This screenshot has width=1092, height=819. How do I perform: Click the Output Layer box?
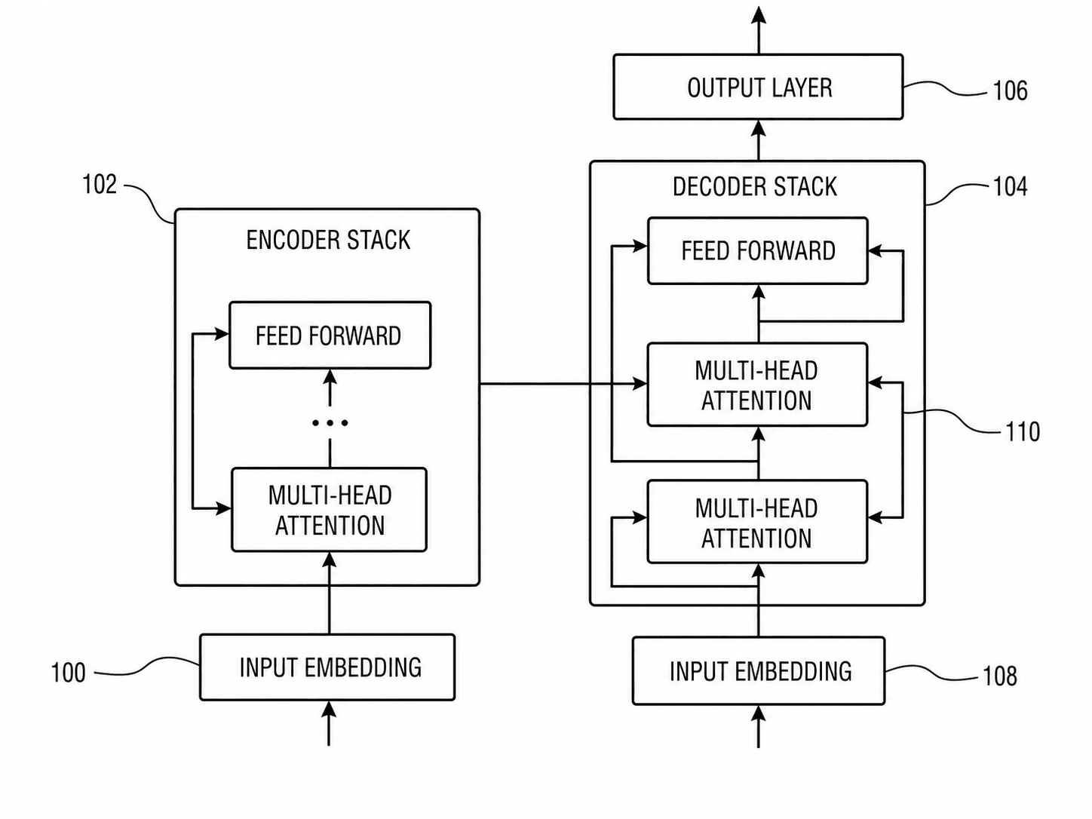[758, 87]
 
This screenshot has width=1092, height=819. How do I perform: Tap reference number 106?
[1010, 91]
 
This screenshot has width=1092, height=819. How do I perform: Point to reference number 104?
[1010, 187]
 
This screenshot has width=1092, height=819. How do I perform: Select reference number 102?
[100, 185]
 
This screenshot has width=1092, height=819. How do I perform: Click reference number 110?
[1023, 431]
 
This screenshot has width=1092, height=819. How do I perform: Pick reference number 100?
[69, 673]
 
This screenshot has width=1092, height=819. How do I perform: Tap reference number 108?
[1000, 676]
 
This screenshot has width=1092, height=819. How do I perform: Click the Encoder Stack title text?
[328, 240]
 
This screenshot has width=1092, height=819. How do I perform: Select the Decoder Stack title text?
[755, 187]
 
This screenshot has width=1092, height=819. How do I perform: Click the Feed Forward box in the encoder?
[330, 335]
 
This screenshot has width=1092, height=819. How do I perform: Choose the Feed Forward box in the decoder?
[758, 250]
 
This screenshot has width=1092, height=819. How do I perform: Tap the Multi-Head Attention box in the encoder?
[330, 510]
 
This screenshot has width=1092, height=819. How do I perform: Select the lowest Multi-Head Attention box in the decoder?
[758, 522]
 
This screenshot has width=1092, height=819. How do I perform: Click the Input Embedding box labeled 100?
[327, 667]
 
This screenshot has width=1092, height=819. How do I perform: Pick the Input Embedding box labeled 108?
[759, 671]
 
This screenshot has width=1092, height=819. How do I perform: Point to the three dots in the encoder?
[330, 423]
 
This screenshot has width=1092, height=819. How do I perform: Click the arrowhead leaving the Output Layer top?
[758, 15]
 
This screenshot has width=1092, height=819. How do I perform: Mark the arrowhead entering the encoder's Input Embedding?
[328, 710]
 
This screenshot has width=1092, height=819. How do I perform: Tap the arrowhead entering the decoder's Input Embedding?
[758, 714]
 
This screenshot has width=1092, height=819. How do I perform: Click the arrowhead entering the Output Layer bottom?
[758, 129]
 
